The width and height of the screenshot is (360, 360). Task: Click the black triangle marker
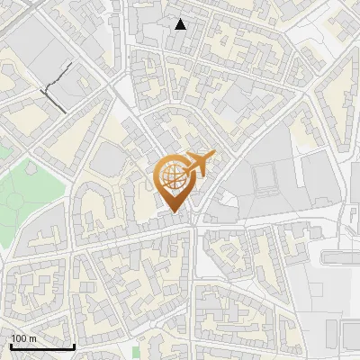pyautogui.click(x=181, y=24)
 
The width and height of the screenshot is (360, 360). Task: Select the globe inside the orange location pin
pyautogui.click(x=176, y=178)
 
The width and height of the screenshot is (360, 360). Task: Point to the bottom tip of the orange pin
pyautogui.click(x=177, y=214)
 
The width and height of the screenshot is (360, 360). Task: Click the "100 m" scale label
pyautogui.click(x=23, y=337)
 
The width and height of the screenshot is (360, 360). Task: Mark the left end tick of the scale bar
pyautogui.click(x=10, y=344)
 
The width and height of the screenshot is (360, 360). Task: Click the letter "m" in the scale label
pyautogui.click(x=32, y=337)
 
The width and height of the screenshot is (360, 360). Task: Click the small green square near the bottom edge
pyautogui.click(x=137, y=351)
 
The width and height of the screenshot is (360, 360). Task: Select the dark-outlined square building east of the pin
pyautogui.click(x=266, y=180)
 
